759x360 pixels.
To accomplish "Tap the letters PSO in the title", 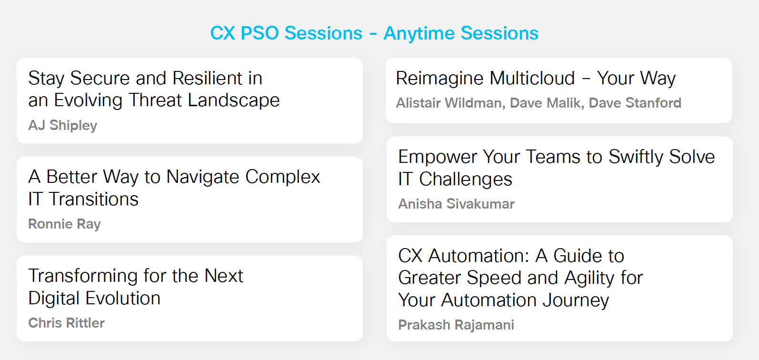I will [260, 33].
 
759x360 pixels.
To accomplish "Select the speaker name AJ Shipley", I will [62, 125].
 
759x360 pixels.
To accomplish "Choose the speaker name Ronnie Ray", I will [64, 224].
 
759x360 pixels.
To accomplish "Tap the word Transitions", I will [93, 199].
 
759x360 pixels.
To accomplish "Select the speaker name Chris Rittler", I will [66, 323].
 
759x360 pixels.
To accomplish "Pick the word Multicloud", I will [532, 78].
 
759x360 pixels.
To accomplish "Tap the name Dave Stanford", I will [635, 103].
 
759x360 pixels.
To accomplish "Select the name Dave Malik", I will [546, 103].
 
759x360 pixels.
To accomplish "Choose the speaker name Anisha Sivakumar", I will [456, 204].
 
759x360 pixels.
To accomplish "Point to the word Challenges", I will [465, 179].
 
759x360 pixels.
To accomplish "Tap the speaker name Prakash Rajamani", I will [456, 325].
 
